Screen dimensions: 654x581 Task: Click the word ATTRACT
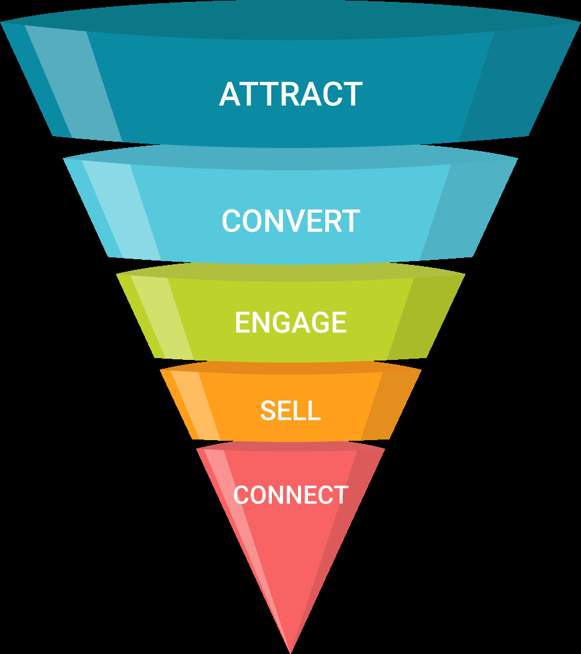pos(290,94)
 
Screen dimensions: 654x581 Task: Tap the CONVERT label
pos(290,221)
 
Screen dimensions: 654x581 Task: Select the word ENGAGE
pos(290,323)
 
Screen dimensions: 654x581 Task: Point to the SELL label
pos(290,411)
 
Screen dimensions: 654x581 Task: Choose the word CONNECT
pos(290,495)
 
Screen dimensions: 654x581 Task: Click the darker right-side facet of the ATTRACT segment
pos(516,81)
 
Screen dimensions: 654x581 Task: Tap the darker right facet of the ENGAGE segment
pos(423,317)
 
